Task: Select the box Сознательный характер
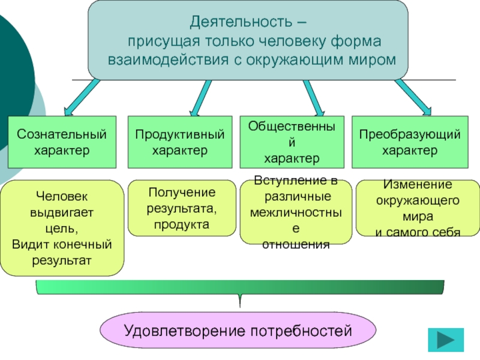point(62,142)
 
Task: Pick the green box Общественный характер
point(292,142)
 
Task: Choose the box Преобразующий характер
point(410,142)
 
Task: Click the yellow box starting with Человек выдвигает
point(62,228)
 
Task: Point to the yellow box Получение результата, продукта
point(181,208)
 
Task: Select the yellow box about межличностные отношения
point(296,214)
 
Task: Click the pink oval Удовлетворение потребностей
point(238,331)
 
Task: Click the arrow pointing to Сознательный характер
point(80,97)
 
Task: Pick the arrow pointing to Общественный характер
point(313,97)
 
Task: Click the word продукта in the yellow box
point(181,224)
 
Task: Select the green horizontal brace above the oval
point(240,287)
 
